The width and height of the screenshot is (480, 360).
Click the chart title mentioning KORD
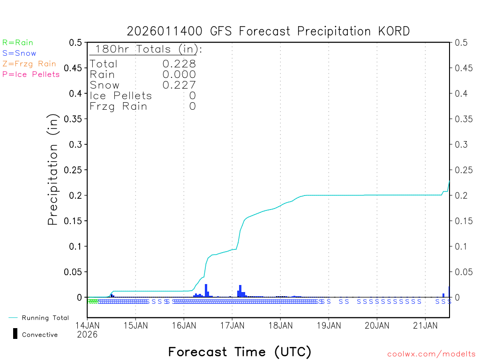[268, 31]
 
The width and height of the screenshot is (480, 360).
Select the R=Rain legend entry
[18, 43]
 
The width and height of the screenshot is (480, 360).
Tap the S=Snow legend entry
[19, 53]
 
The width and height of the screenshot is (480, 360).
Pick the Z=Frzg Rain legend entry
[29, 64]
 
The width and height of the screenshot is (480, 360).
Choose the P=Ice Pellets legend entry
[31, 74]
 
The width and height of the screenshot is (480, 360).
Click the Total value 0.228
[179, 64]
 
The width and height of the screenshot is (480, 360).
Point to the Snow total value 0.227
[179, 85]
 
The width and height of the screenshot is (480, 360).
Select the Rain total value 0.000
[179, 74]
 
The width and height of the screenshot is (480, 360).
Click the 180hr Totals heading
[146, 49]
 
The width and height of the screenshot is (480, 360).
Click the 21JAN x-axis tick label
[425, 325]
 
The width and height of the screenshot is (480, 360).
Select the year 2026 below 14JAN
[87, 335]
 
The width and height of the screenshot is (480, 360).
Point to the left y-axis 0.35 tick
[75, 119]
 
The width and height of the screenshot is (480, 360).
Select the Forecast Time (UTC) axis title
[240, 352]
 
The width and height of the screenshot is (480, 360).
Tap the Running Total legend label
[45, 318]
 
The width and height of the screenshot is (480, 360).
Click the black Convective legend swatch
[15, 334]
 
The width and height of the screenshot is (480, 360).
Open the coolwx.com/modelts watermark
[431, 354]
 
